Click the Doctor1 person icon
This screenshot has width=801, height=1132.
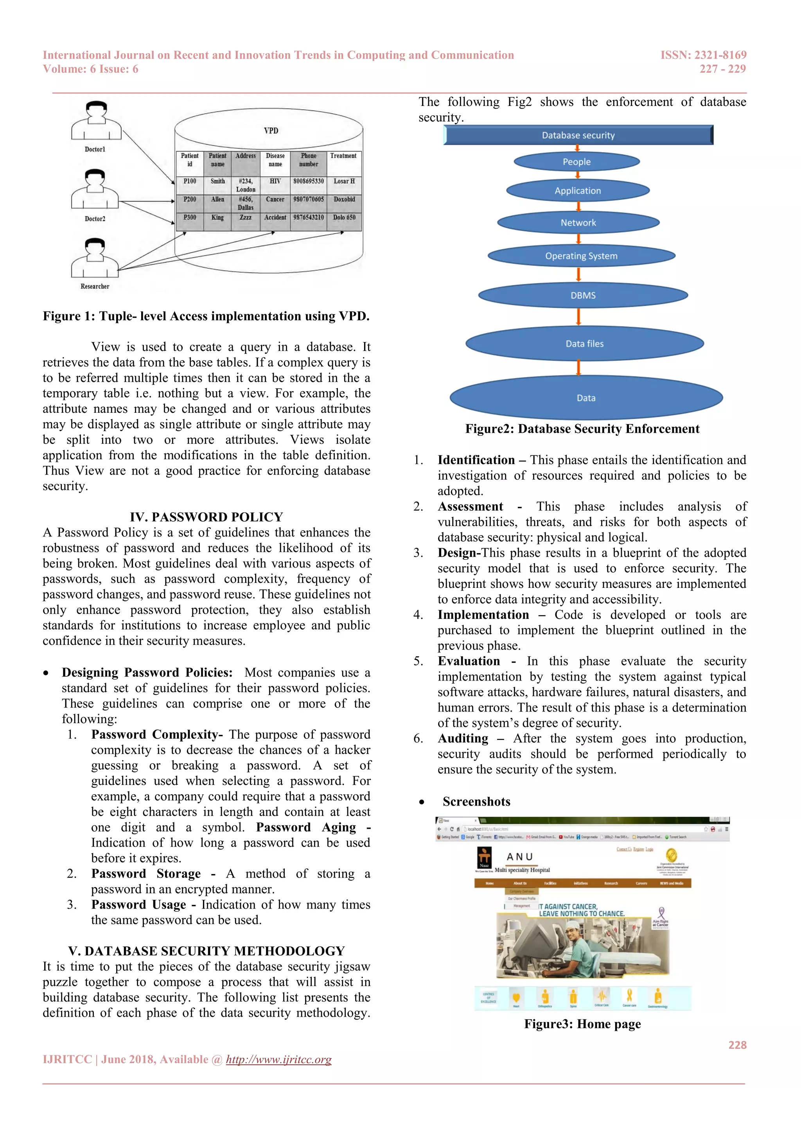click(96, 121)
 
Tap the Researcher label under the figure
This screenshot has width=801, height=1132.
click(95, 287)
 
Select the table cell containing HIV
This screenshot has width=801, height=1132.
click(275, 181)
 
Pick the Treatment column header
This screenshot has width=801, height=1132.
click(343, 156)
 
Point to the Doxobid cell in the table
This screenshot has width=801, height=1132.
click(344, 200)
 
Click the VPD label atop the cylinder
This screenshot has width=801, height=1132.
click(271, 131)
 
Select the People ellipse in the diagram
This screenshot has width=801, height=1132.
click(577, 162)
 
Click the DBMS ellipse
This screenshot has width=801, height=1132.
click(583, 296)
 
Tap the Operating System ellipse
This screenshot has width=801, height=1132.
click(581, 256)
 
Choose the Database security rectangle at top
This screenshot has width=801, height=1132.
click(578, 135)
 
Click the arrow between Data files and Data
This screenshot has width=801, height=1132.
click(578, 368)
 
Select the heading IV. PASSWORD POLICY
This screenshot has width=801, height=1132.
click(206, 517)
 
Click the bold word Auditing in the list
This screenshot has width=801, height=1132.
click(463, 738)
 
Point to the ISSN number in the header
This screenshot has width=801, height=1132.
click(703, 55)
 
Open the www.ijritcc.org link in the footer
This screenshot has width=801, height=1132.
click(279, 1060)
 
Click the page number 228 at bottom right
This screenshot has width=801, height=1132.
click(737, 1045)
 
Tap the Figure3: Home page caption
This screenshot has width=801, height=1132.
click(582, 1024)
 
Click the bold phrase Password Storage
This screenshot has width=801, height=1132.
click(145, 874)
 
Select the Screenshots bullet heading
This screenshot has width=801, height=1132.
click(476, 802)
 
